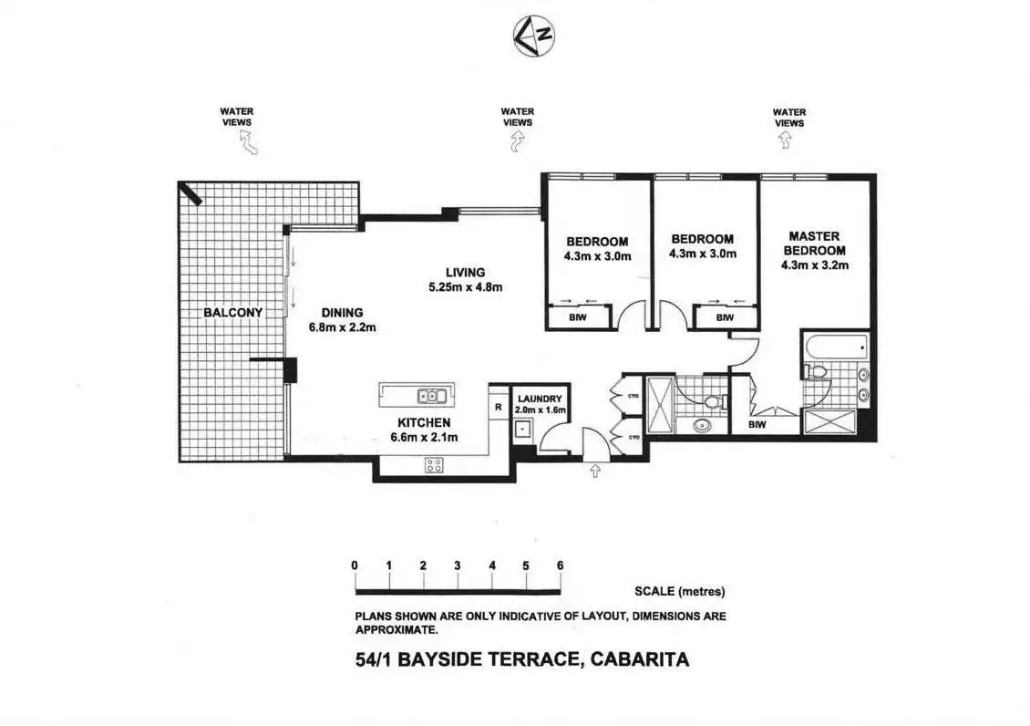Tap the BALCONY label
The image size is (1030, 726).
coord(232,313)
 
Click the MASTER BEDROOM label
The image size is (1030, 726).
coord(815,244)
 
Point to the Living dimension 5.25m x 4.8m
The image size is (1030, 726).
coord(465,287)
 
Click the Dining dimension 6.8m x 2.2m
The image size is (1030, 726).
coord(341,327)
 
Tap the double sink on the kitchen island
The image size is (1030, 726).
coord(431,396)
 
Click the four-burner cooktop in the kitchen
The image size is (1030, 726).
coord(434,464)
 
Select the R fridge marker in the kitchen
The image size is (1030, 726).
coord(498,408)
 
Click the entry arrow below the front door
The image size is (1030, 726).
coord(596,471)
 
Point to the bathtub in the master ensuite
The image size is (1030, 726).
coord(835,347)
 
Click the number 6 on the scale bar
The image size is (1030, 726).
coord(560,565)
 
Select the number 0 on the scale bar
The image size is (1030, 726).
coord(355,565)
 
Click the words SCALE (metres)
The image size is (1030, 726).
coord(679,591)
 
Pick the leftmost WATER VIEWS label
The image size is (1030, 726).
coord(236,117)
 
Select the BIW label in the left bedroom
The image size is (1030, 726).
coord(578,317)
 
